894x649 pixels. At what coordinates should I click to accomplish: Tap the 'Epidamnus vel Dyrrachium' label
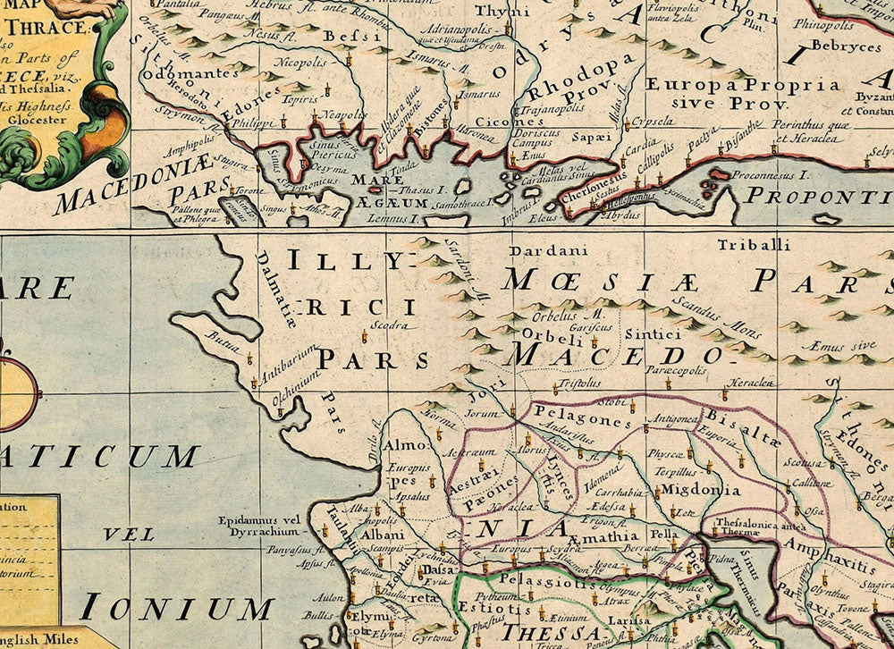pyautogui.click(x=259, y=526)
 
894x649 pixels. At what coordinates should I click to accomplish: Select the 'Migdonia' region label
pyautogui.click(x=699, y=490)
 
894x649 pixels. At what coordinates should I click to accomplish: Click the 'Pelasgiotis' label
pyautogui.click(x=534, y=578)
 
